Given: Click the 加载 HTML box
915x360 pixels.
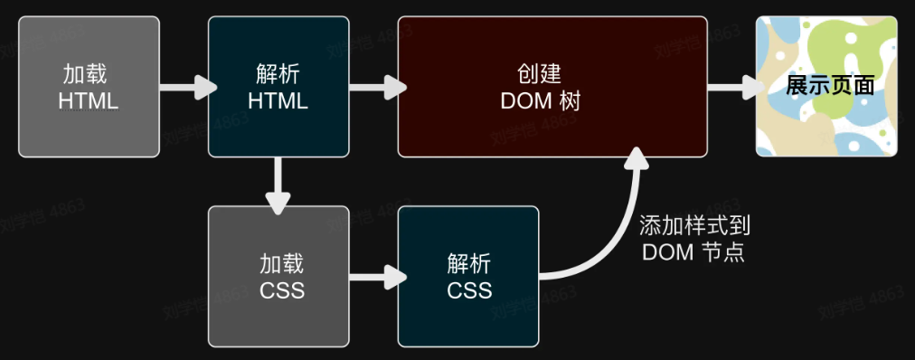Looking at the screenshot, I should (x=89, y=87).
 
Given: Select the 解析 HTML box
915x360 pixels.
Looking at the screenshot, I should (x=278, y=87).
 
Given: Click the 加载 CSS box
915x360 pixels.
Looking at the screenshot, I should (x=278, y=277).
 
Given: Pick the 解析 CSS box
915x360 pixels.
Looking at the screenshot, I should (x=468, y=277).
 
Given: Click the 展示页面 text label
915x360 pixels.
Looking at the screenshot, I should (x=830, y=87).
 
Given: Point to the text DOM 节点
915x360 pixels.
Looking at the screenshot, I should (x=693, y=252).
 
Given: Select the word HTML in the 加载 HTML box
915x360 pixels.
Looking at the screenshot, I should (x=89, y=100).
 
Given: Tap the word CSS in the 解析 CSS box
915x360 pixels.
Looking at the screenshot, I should (x=469, y=290).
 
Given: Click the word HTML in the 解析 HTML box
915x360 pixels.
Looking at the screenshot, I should (x=278, y=100).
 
